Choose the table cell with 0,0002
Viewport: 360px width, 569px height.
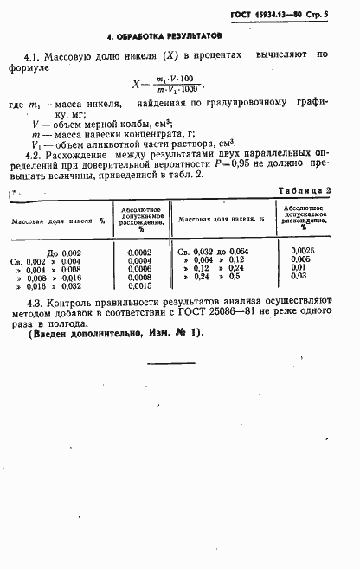point(138,252)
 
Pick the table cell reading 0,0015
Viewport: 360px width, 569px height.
point(138,285)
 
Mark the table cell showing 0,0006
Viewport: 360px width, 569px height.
point(138,268)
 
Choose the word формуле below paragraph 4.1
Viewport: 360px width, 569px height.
point(29,67)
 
